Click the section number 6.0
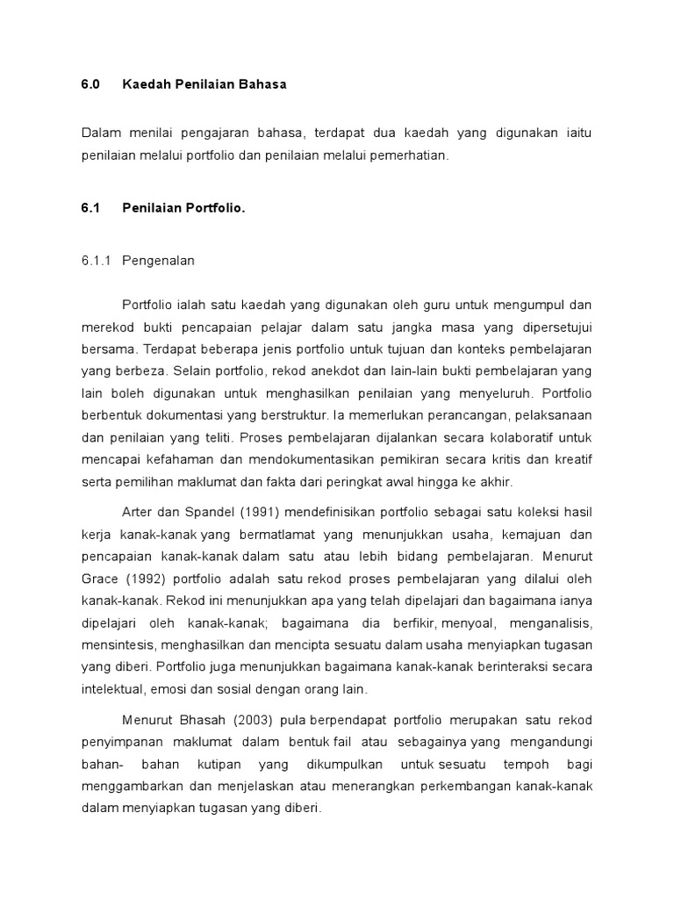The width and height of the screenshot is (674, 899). pyautogui.click(x=90, y=84)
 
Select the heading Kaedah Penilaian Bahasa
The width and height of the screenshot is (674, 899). pyautogui.click(x=204, y=84)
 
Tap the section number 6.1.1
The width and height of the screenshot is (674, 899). pyautogui.click(x=97, y=261)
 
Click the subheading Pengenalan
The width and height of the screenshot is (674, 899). pyautogui.click(x=159, y=261)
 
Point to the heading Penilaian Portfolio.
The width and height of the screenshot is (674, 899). pyautogui.click(x=184, y=208)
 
